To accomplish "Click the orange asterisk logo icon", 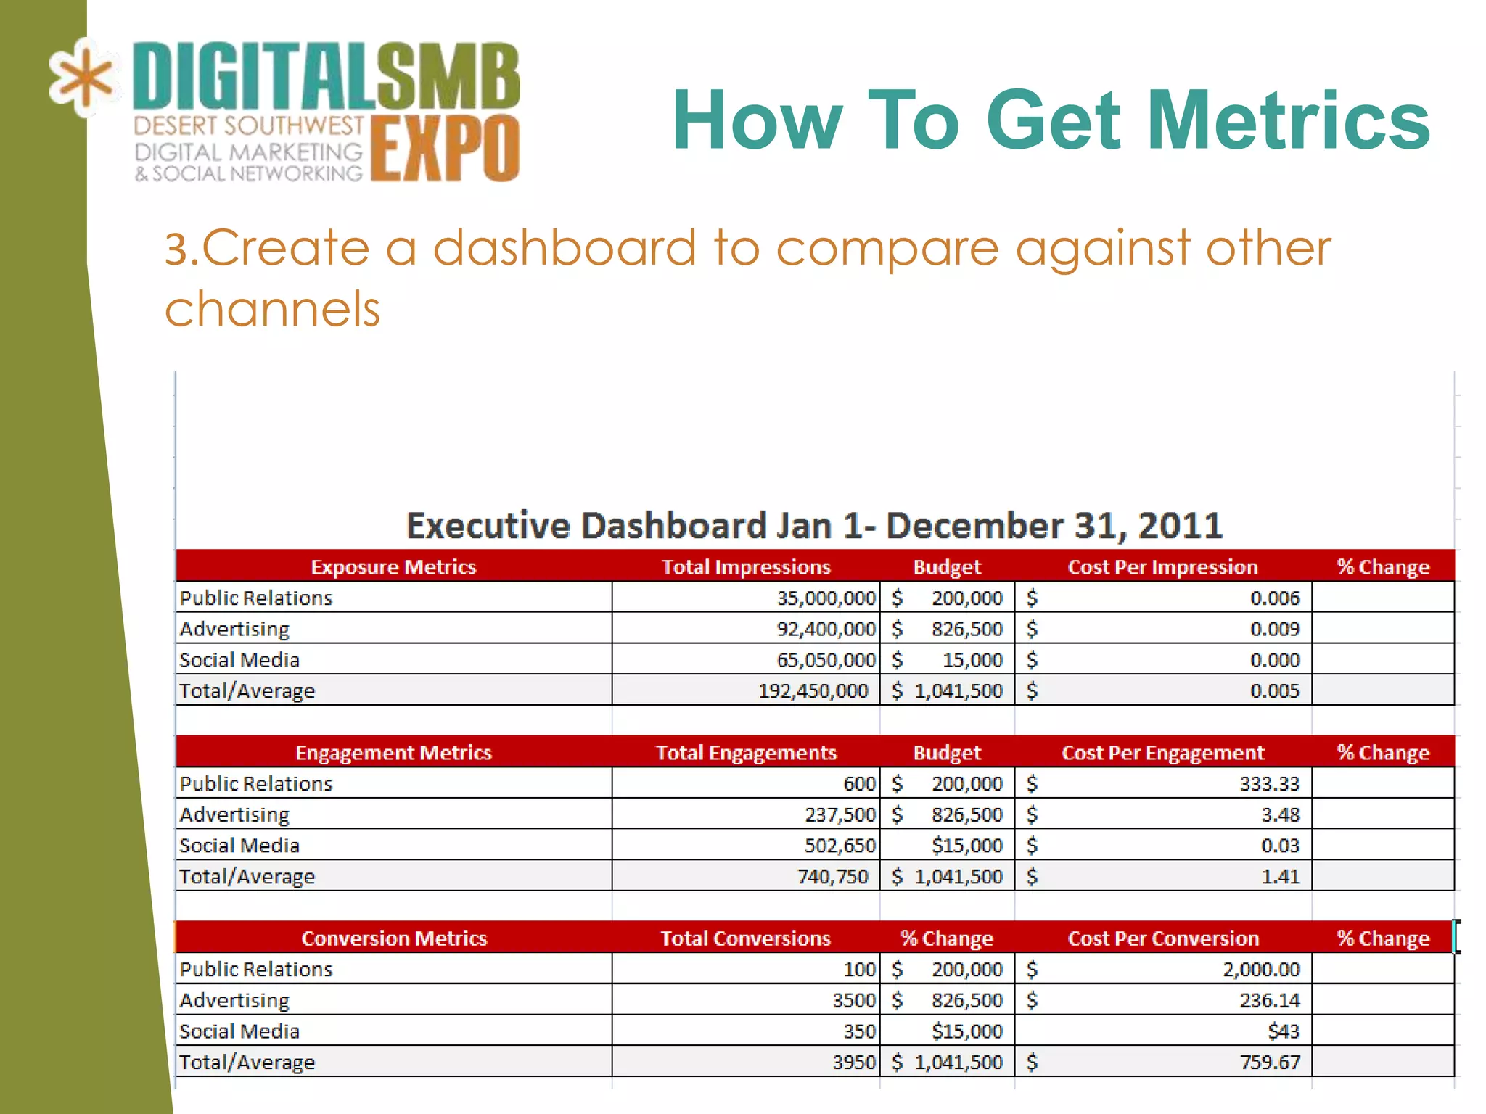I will pos(81,78).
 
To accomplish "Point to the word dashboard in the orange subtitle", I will pos(565,248).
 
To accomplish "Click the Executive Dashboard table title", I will pos(814,525).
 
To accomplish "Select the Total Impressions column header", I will pos(746,567).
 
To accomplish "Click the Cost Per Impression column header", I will pos(1162,567).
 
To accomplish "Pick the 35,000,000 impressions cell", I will pos(826,598).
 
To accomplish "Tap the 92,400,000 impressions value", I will pos(826,629).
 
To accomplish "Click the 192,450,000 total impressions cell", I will pos(813,690).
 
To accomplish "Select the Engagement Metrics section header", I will pos(393,753).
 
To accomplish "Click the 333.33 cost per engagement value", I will pos(1269,784).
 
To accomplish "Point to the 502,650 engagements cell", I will pos(840,846).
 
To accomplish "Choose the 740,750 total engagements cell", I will pos(832,877).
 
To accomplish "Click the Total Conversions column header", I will pos(745,938).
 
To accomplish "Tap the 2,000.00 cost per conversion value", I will pos(1261,970).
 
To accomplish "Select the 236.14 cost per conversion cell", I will pos(1269,1001).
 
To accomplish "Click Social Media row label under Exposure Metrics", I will pos(239,660).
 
